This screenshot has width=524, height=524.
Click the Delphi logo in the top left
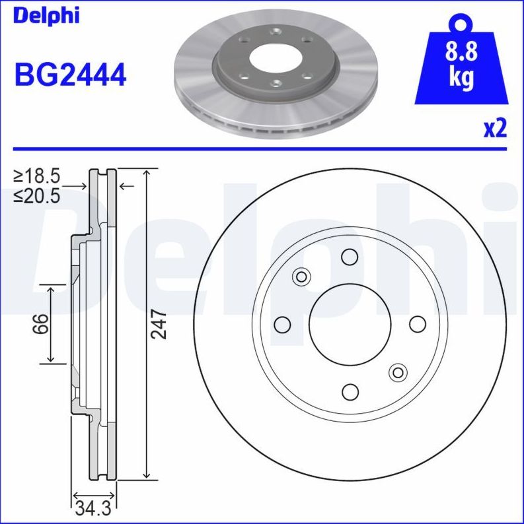(x=46, y=16)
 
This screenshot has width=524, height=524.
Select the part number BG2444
(x=70, y=75)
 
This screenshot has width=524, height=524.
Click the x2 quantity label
(x=494, y=129)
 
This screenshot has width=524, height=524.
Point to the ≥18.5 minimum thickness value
(x=38, y=176)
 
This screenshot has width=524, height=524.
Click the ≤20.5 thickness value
(x=38, y=195)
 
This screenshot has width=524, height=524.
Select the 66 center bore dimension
(x=42, y=324)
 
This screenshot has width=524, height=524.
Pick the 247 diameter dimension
(x=159, y=324)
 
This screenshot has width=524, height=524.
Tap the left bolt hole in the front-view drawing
(x=282, y=324)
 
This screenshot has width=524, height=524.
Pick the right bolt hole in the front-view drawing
(x=418, y=324)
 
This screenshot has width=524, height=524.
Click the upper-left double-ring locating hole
(x=302, y=277)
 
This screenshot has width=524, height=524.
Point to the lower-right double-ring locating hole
(x=398, y=372)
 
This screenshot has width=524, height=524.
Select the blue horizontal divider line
(x=262, y=149)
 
